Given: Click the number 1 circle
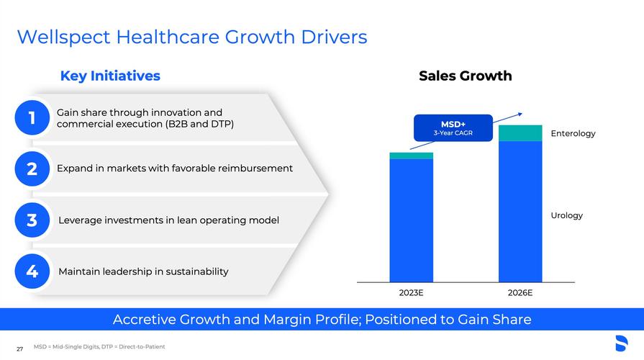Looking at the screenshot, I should tap(32, 117).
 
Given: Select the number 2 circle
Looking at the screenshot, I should tap(32, 168).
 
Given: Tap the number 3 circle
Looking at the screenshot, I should tap(32, 220).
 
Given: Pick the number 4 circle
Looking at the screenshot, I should tap(32, 271).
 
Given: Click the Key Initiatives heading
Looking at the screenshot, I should tap(110, 76).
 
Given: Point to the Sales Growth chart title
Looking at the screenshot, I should tap(465, 76).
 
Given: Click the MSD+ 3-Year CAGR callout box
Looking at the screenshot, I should tap(453, 127).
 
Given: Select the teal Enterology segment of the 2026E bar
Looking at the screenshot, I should tap(520, 132).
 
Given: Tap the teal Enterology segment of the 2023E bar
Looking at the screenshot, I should tap(411, 156).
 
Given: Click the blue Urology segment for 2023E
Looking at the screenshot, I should tap(411, 220).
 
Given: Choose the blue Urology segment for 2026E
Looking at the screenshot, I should tap(520, 211).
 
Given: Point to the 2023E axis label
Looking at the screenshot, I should tap(411, 293).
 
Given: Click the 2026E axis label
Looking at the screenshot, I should tap(520, 293).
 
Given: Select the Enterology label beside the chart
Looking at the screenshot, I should tap(573, 133).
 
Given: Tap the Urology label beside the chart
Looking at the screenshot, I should tap(566, 215).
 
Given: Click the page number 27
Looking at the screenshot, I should tap(19, 349).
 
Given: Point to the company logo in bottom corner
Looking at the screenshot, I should tap(621, 343).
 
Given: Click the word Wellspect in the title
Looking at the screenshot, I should tap(55, 36).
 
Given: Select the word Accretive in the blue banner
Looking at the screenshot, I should tap(145, 319).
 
